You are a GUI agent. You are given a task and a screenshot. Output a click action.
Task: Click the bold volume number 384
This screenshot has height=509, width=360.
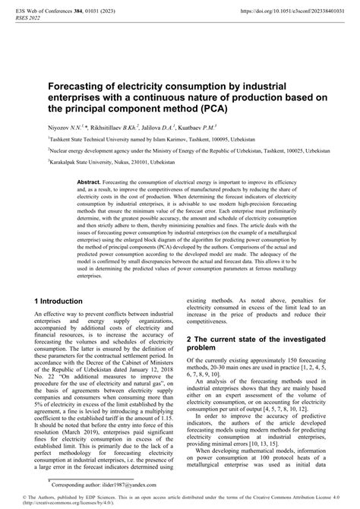pos(77,14)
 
